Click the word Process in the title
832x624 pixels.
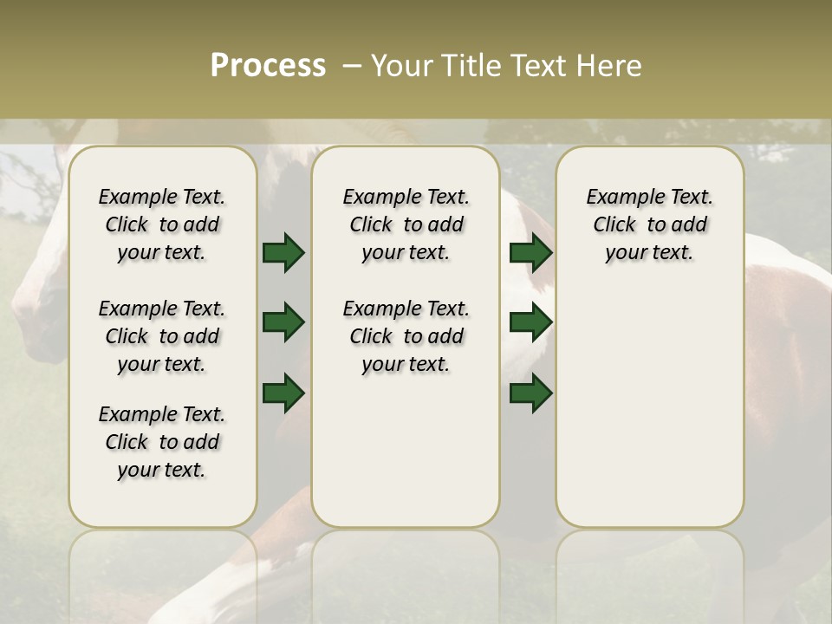pyautogui.click(x=268, y=66)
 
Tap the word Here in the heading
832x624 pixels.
pyautogui.click(x=609, y=66)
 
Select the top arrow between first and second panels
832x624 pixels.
pyautogui.click(x=283, y=252)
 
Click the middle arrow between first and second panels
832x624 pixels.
pyautogui.click(x=283, y=322)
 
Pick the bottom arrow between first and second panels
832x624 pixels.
pyautogui.click(x=283, y=393)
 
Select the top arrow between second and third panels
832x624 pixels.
pyautogui.click(x=530, y=252)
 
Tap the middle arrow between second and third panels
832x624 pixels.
pyautogui.click(x=530, y=322)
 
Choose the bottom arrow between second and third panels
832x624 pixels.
pyautogui.click(x=530, y=393)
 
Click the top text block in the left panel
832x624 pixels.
pyautogui.click(x=162, y=224)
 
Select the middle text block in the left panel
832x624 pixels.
pyautogui.click(x=162, y=336)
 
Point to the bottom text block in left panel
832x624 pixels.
pyautogui.click(x=162, y=442)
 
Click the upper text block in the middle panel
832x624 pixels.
pyautogui.click(x=406, y=224)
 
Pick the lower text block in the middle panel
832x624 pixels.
pyautogui.click(x=406, y=336)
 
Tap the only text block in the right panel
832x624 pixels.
pyautogui.click(x=649, y=224)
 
